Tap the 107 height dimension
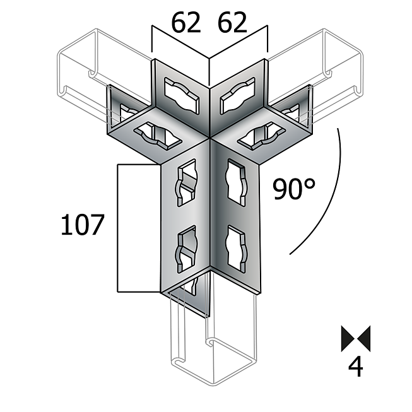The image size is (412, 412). point(81,225)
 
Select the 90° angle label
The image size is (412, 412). point(293,189)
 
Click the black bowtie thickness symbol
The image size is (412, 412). point(356,339)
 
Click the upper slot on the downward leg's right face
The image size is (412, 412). point(235,183)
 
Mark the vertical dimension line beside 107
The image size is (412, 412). point(118,227)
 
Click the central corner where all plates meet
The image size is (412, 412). point(209,137)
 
